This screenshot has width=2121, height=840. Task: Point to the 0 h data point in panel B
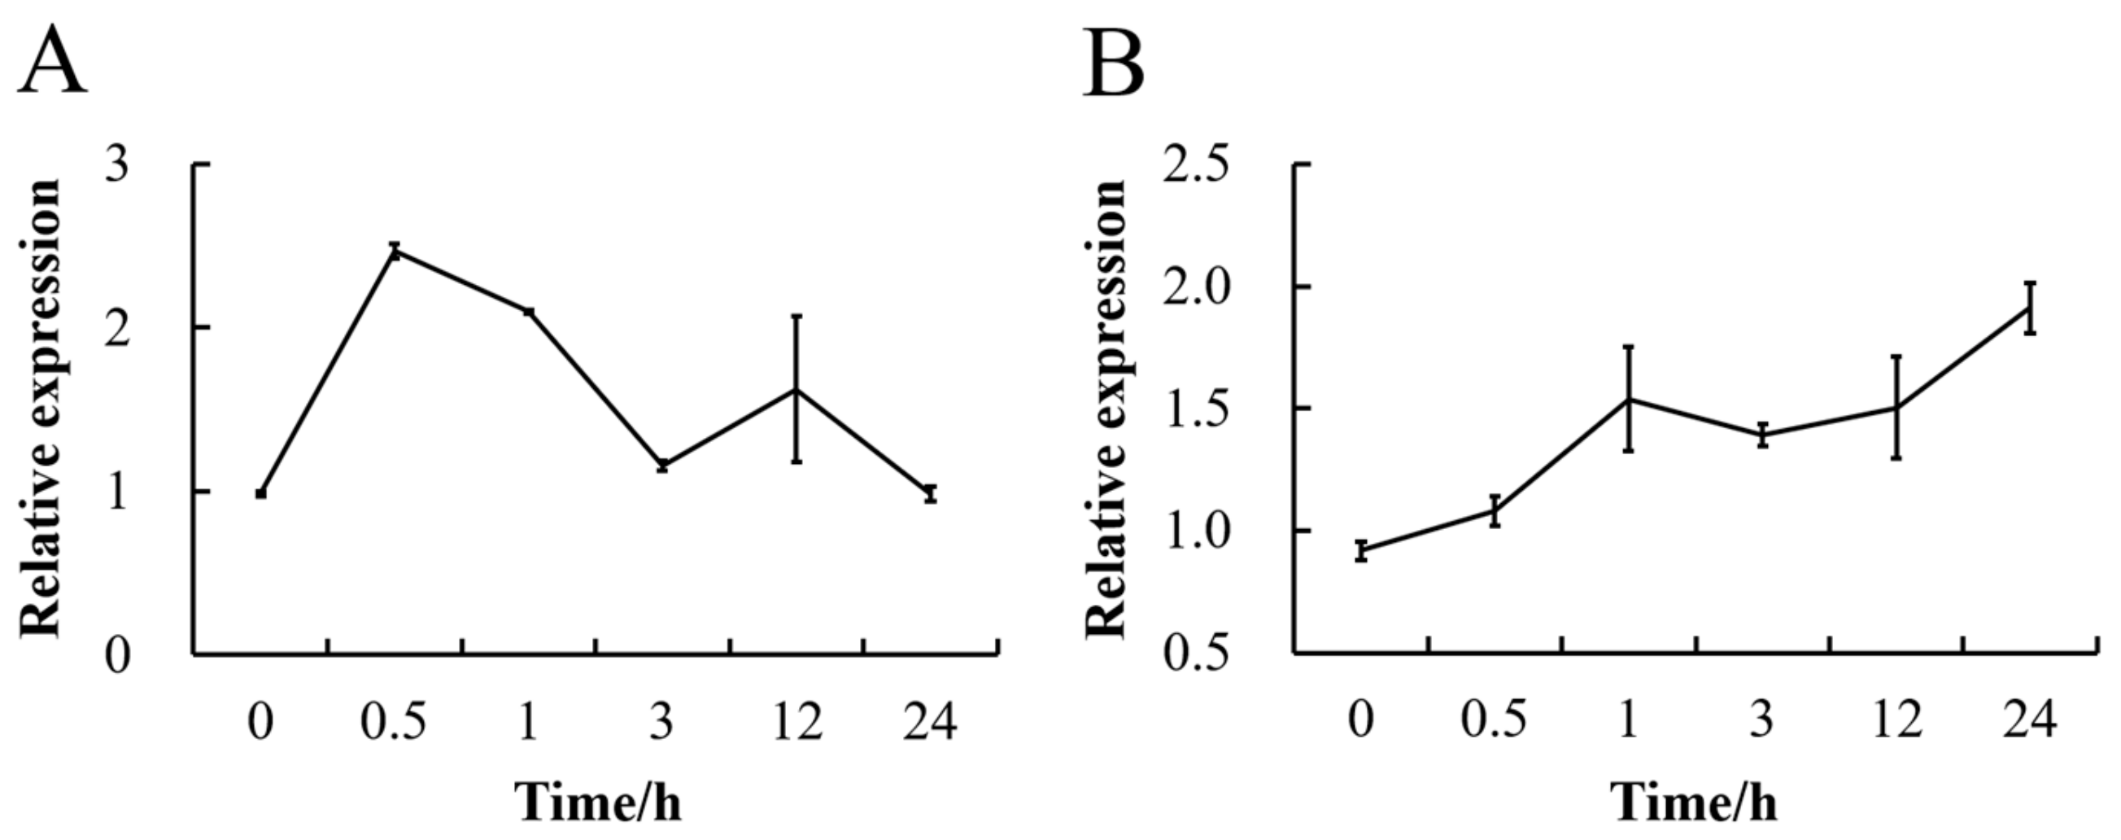coord(1362,550)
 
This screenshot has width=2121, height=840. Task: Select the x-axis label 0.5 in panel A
coord(394,722)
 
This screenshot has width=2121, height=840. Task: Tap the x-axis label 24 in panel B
coord(2029,722)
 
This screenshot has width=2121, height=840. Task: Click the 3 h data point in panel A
coord(662,466)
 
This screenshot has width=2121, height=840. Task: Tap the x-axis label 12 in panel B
coord(1897,722)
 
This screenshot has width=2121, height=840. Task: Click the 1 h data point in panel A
coord(529,311)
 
